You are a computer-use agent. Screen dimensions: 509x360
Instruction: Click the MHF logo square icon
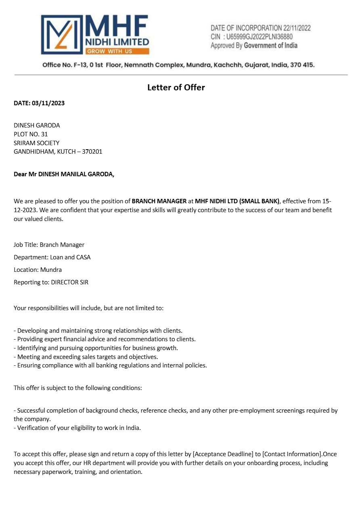tap(62, 35)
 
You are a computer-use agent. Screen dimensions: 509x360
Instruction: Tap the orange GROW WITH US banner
tap(117, 51)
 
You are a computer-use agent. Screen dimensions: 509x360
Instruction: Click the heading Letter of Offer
tap(176, 88)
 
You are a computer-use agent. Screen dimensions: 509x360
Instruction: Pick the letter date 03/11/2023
tap(48, 103)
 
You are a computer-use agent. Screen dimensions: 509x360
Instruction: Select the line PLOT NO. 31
tap(31, 134)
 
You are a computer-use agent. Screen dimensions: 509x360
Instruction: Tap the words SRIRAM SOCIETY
tap(36, 143)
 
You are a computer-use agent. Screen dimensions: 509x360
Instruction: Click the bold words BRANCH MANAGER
tap(159, 201)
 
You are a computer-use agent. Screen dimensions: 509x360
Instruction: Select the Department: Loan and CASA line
tap(52, 257)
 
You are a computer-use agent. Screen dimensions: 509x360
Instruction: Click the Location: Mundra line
tap(38, 269)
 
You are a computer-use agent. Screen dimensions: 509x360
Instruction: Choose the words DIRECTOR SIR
tap(69, 282)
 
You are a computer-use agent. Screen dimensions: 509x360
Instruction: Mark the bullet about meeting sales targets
tap(86, 357)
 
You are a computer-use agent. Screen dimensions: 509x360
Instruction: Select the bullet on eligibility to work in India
tap(77, 428)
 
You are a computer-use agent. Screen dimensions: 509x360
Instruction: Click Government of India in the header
tap(270, 46)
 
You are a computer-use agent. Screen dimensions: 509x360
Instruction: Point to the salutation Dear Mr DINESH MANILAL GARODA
tap(64, 174)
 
